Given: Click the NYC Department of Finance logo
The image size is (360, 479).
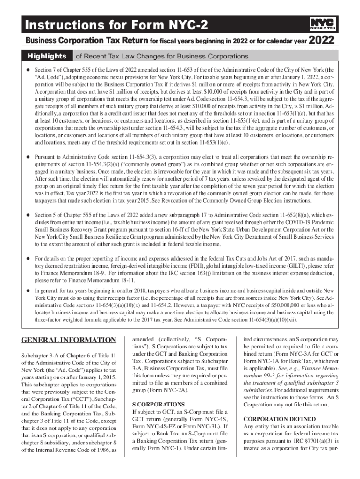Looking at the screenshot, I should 322,23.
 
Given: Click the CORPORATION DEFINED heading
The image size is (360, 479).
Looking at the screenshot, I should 279,419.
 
